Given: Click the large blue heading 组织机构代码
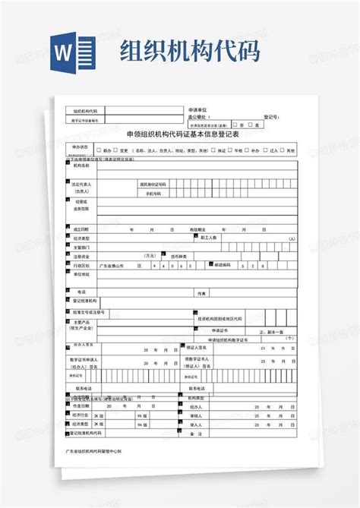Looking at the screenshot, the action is point(190,51).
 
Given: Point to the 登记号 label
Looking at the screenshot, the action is point(271,118).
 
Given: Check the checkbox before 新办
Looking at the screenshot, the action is point(98,150).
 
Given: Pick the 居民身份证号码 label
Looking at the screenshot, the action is point(153,184).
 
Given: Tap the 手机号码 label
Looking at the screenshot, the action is point(154,194).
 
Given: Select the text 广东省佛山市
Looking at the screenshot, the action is point(112,266).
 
